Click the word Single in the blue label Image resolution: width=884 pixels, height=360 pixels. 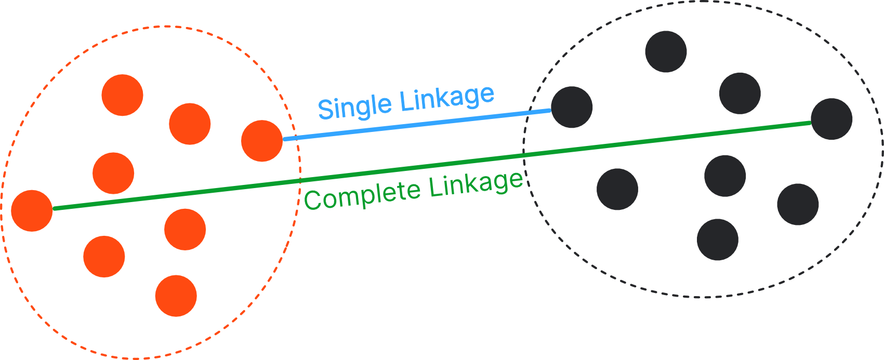point(354,105)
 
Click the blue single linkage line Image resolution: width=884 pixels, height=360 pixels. point(416,125)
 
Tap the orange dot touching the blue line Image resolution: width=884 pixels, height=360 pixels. point(262,141)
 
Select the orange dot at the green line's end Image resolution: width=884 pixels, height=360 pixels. point(32,210)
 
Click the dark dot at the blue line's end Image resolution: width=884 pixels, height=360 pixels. point(572,107)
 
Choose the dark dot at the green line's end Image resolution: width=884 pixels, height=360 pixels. point(832,119)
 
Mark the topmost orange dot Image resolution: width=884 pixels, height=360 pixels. point(122,95)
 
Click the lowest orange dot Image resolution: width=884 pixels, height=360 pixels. point(176,296)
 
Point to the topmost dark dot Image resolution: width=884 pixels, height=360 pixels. point(666,51)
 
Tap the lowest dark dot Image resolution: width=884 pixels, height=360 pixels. point(718,239)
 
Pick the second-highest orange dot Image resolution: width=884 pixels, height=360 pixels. point(190,124)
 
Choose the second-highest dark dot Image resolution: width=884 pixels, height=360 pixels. point(740,93)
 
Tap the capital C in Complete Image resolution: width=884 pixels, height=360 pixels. point(313,200)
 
